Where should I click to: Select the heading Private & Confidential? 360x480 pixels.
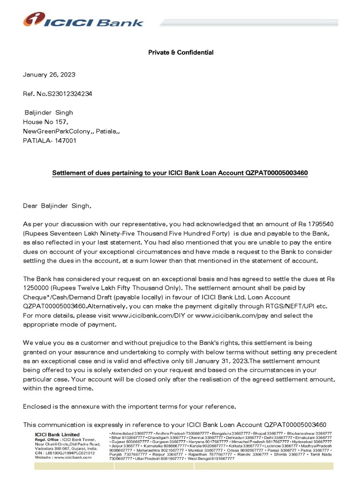(x=181, y=52)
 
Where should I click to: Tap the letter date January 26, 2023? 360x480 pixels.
(x=49, y=75)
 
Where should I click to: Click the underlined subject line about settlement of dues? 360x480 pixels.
(x=180, y=173)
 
